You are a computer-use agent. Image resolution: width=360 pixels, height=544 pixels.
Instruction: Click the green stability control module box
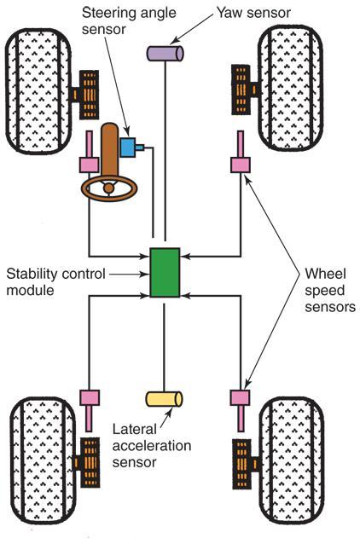coord(165,273)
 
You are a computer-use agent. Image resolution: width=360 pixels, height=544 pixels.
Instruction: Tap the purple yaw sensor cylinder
coord(165,54)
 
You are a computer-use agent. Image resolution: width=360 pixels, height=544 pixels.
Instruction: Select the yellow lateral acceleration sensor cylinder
coord(164,399)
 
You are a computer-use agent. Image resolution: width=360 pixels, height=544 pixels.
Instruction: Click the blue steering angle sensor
coord(131,148)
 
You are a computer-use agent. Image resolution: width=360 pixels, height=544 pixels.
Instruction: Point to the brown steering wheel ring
coord(109,188)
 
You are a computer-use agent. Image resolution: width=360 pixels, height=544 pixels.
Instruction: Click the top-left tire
coord(38,91)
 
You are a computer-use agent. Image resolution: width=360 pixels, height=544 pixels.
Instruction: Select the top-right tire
coord(291,89)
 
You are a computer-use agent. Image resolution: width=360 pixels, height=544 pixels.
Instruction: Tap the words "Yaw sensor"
coord(253,13)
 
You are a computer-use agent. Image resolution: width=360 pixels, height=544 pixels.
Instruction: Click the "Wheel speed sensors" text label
coord(330,291)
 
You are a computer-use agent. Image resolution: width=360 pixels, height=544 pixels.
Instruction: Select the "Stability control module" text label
coord(55,281)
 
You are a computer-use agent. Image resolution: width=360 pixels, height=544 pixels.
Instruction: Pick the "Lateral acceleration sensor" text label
coord(152,445)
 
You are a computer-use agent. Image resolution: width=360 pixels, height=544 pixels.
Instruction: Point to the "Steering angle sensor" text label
coord(129,20)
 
